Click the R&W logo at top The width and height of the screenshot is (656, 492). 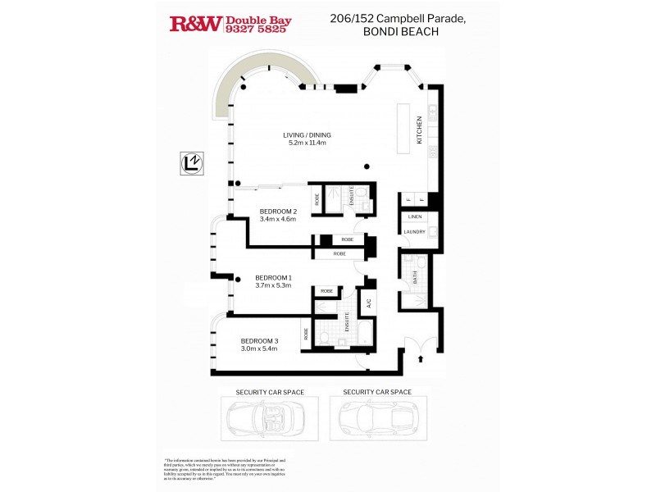click(195, 24)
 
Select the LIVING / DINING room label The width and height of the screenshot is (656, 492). click(307, 134)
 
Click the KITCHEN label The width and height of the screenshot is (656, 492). click(419, 130)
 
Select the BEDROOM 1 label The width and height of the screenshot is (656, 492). click(274, 277)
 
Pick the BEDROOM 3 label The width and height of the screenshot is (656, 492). click(259, 341)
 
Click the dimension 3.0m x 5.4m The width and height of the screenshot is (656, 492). click(259, 349)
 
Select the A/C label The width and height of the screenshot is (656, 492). click(369, 303)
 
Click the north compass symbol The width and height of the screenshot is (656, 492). click(190, 163)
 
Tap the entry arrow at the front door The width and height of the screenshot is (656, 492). click(421, 358)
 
